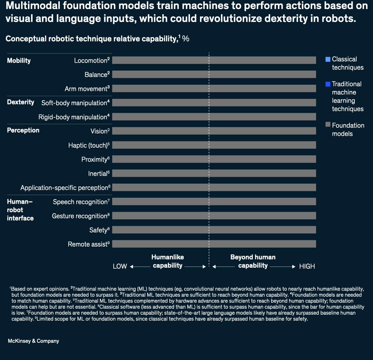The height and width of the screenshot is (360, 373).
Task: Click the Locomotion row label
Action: point(92,61)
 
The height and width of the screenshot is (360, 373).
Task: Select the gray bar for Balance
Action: point(214,74)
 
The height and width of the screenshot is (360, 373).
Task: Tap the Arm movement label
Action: point(87,89)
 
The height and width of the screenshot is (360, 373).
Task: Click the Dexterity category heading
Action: point(21,102)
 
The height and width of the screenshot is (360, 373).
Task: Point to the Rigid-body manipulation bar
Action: point(214,117)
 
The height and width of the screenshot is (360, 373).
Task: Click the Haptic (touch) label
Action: point(89,145)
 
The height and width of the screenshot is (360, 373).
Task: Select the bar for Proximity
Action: point(214,159)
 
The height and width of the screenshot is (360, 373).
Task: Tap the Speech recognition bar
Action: point(214,202)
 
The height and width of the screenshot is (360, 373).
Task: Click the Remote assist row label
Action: point(88,244)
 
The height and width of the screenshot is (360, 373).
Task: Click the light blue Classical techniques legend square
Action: point(328,59)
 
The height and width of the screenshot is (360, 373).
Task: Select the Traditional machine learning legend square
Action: point(328,84)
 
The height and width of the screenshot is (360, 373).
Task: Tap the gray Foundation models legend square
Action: point(328,126)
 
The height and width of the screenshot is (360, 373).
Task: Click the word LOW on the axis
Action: point(120,267)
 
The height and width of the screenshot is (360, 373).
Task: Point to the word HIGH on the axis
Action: point(307,267)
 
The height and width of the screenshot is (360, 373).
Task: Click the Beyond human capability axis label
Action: point(253,261)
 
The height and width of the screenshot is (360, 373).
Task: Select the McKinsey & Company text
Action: point(34,341)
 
